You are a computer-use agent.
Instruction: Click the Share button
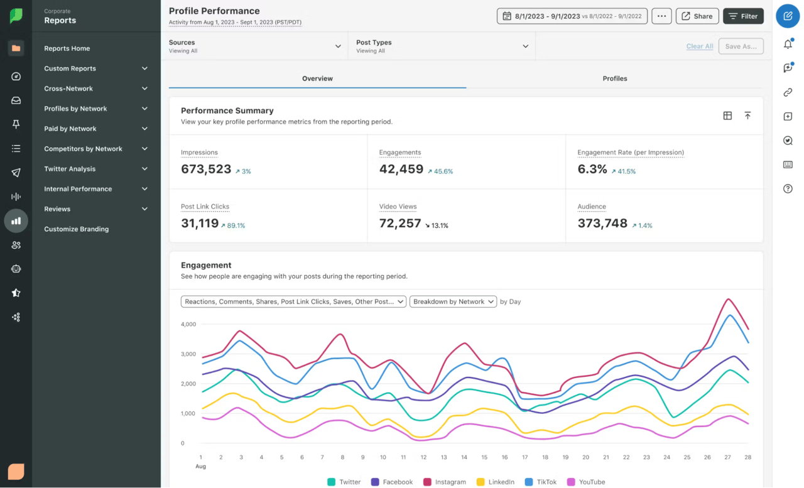697,16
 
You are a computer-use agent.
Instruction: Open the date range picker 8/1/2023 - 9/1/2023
572,16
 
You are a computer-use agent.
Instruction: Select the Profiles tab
614,79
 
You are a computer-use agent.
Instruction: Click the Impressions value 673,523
206,169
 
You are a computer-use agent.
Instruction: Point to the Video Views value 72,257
400,223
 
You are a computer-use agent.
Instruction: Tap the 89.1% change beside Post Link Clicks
232,225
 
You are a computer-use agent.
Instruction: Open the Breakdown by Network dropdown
453,301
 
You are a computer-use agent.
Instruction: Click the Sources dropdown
254,46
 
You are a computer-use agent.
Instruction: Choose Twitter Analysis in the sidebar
70,169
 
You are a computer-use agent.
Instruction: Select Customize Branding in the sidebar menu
76,229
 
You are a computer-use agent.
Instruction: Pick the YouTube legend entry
586,482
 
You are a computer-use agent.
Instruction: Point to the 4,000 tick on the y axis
188,325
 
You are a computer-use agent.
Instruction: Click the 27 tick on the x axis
727,457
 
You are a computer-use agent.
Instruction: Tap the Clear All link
699,46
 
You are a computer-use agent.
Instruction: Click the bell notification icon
788,44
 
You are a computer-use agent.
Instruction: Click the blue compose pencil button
788,16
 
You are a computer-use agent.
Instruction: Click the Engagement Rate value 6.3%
592,169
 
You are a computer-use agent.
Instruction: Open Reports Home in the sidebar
67,48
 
